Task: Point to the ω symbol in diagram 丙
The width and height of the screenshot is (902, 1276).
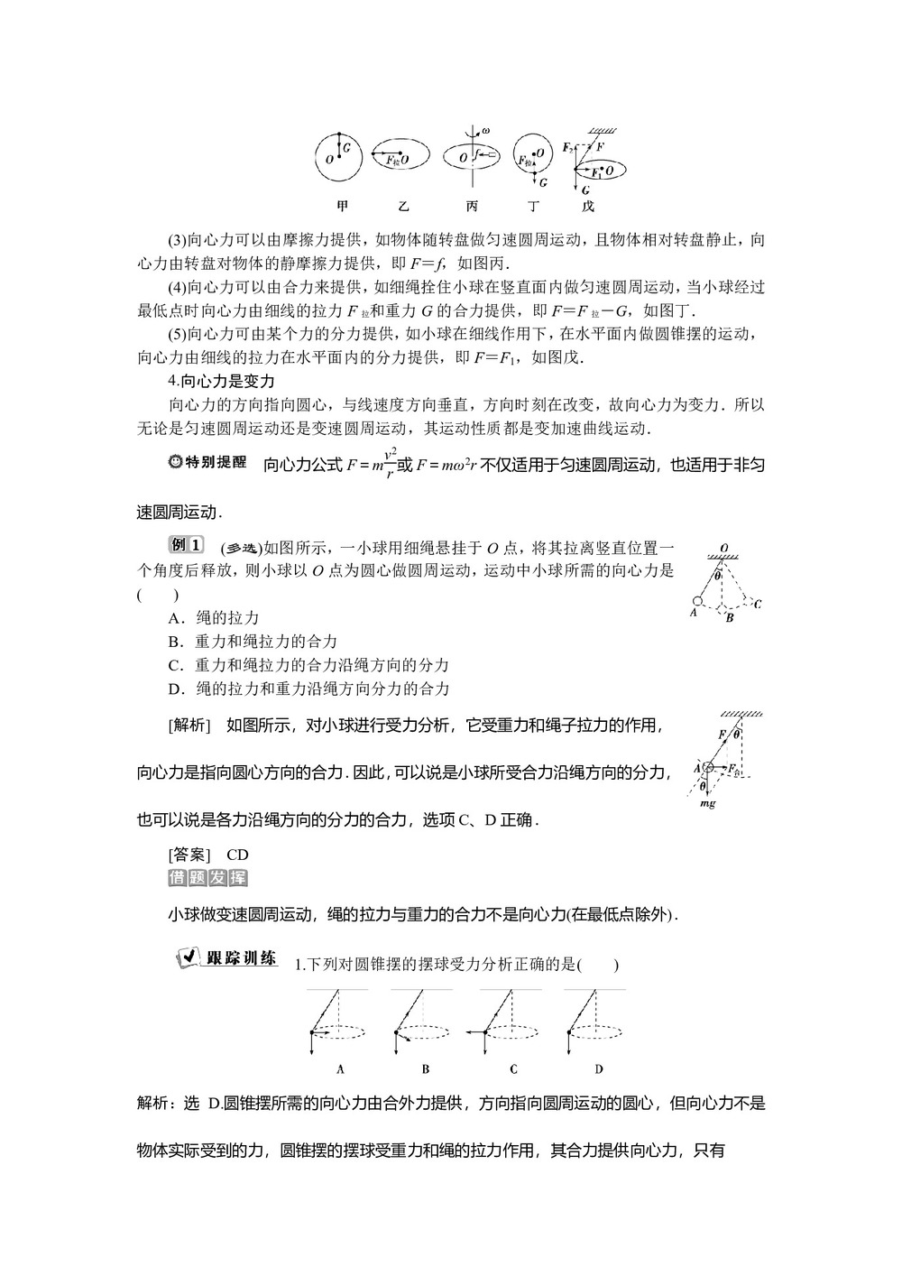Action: coord(485,131)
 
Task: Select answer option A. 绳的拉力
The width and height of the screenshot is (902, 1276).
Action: coord(214,618)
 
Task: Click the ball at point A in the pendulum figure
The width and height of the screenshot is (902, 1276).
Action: coord(697,601)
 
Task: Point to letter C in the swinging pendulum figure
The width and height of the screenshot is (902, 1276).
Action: coord(757,604)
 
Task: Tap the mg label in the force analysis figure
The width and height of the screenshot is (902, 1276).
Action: coord(708,803)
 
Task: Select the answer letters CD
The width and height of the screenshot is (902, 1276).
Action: coord(237,854)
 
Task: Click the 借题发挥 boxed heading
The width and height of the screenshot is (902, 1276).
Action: coord(207,878)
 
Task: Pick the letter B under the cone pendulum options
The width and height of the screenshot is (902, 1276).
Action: coord(425,1069)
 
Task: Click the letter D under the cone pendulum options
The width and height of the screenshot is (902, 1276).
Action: coord(599,1069)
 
